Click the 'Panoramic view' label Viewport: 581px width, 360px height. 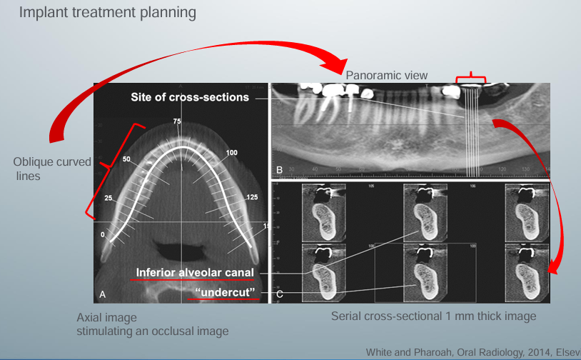386,75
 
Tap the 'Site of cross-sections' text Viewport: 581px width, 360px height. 189,96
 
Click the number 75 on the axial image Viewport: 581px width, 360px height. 177,122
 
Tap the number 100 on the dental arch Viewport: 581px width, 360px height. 232,153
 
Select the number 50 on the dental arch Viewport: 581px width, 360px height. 128,159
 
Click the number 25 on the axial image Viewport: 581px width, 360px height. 109,197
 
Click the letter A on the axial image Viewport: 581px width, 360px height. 102,294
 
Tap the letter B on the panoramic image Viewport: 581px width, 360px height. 279,169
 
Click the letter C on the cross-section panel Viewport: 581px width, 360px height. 279,294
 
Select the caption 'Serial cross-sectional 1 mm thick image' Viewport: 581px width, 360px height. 433,316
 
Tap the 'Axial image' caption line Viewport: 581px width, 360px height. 106,317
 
